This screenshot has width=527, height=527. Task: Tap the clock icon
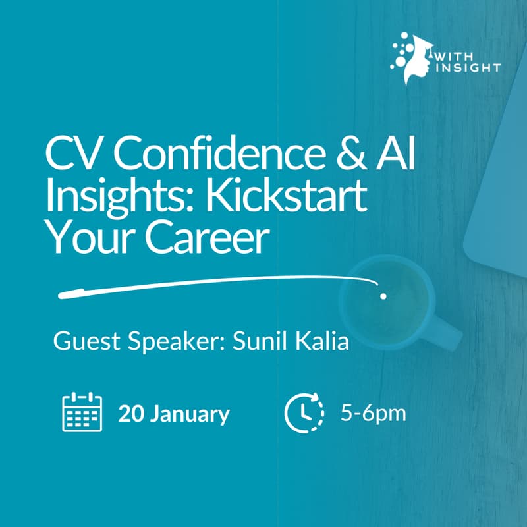[x=304, y=412]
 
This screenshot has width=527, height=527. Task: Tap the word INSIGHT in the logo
[x=468, y=67]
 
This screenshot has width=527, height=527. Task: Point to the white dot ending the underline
[x=383, y=296]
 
